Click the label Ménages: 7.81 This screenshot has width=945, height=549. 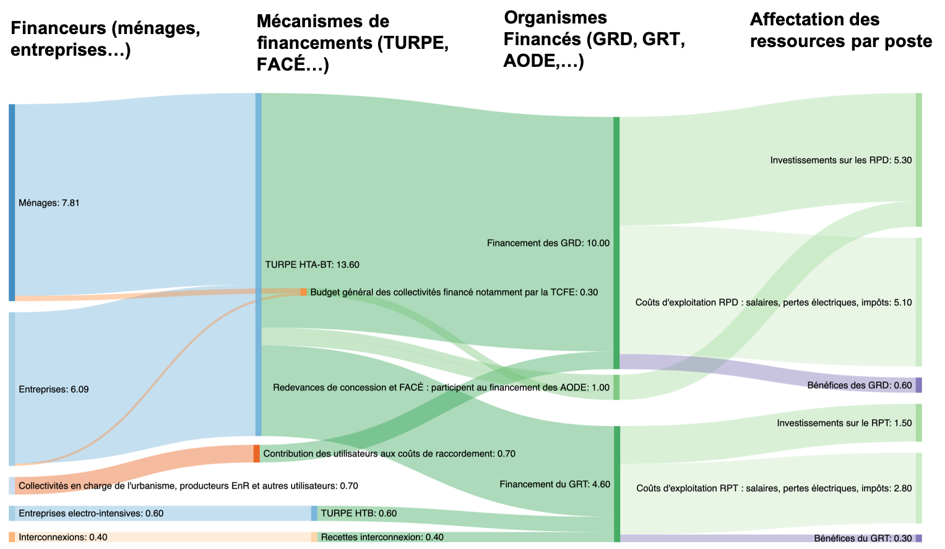pyautogui.click(x=49, y=203)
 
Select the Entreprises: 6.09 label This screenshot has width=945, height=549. pyautogui.click(x=53, y=389)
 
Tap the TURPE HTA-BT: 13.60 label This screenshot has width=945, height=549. pyautogui.click(x=312, y=265)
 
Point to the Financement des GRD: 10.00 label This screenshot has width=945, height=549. pyautogui.click(x=548, y=243)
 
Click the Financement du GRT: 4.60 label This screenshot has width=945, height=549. pyautogui.click(x=554, y=484)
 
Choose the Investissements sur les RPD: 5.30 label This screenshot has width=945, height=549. pyautogui.click(x=840, y=160)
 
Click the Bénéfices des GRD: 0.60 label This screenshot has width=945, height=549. pyautogui.click(x=859, y=386)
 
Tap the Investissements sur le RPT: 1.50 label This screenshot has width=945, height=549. pyautogui.click(x=844, y=423)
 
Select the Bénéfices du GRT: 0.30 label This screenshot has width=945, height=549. pyautogui.click(x=863, y=538)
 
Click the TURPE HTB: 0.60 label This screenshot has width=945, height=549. pyautogui.click(x=358, y=513)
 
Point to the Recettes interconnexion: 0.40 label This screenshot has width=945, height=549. pyautogui.click(x=382, y=537)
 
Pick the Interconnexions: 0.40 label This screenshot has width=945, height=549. pyautogui.click(x=63, y=537)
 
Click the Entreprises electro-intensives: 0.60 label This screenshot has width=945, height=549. pyautogui.click(x=91, y=513)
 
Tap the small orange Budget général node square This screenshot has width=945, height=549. pyautogui.click(x=303, y=292)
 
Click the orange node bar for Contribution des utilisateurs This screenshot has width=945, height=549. pyautogui.click(x=257, y=454)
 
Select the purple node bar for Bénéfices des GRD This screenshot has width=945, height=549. pyautogui.click(x=918, y=385)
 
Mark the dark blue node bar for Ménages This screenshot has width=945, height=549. pyautogui.click(x=12, y=202)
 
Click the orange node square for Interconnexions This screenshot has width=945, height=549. pyautogui.click(x=12, y=537)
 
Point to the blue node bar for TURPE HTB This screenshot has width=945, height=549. pyautogui.click(x=314, y=513)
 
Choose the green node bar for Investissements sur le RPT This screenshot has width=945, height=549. pyautogui.click(x=918, y=423)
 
